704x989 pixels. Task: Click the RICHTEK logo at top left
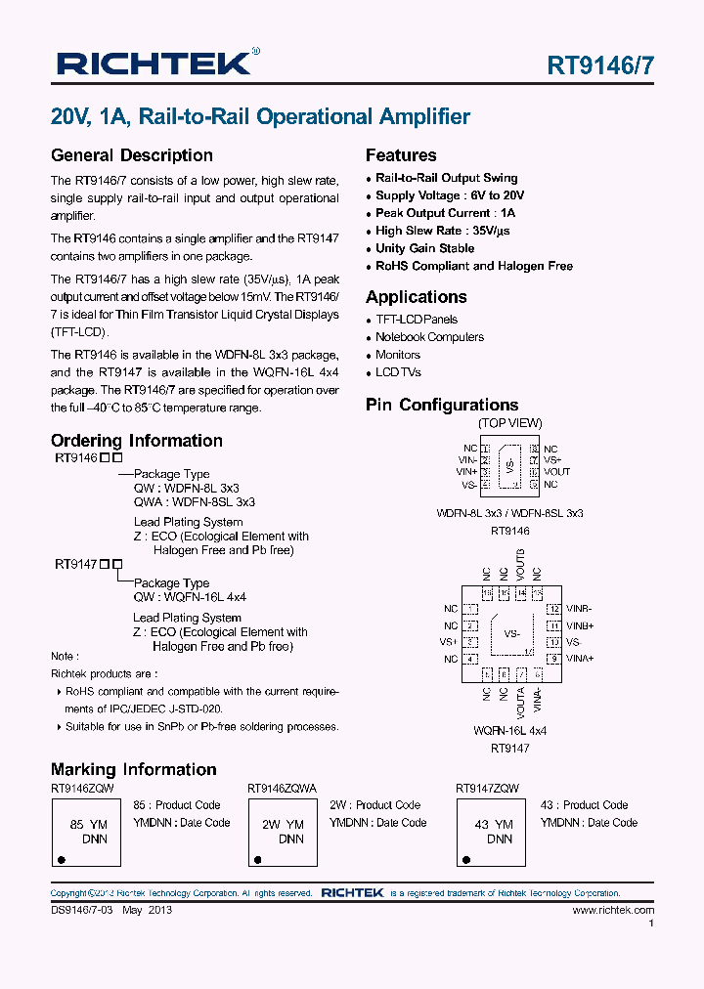[154, 64]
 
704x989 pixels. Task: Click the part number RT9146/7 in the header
[600, 66]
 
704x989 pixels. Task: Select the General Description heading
[131, 155]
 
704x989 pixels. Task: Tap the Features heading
[401, 155]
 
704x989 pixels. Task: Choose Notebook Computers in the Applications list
[429, 337]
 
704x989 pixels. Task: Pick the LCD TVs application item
[398, 372]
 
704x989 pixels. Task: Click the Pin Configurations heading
[441, 405]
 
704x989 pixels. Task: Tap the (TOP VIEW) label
[509, 423]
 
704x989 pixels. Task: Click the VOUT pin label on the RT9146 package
[556, 472]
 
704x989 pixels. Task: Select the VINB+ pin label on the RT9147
[580, 625]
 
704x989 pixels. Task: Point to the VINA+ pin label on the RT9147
[580, 659]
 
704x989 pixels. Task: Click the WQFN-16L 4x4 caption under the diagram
[509, 731]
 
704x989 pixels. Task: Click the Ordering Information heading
[137, 441]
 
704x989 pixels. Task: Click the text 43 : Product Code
[584, 805]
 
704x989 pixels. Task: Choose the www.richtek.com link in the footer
[613, 910]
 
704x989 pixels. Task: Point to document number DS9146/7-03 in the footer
[82, 910]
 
